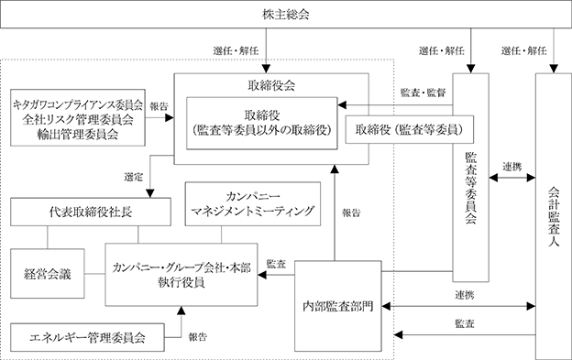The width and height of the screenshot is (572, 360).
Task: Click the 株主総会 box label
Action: point(286,15)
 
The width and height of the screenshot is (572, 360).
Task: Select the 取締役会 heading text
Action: point(271,85)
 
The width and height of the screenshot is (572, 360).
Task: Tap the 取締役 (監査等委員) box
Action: point(410,129)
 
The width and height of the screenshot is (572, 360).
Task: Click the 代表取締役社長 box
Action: point(91,212)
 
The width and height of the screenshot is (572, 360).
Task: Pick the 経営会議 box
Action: point(48,274)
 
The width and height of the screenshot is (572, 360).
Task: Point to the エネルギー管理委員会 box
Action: point(87,337)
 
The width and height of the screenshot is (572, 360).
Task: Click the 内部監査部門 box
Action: point(338,306)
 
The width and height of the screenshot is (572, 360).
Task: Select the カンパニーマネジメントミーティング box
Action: point(253,204)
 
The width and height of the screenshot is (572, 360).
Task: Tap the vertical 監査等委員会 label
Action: point(470,188)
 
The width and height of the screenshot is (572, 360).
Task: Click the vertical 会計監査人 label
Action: point(554,217)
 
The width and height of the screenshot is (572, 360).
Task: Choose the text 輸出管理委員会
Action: point(78,135)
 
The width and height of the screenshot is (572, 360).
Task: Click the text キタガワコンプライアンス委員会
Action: point(78,105)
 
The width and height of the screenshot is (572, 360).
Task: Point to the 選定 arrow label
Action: point(133,178)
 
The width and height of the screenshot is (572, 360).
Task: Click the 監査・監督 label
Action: point(423,93)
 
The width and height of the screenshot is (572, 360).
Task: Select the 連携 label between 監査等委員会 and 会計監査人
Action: point(511,167)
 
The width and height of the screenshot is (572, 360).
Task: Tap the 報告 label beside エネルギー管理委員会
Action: point(197,337)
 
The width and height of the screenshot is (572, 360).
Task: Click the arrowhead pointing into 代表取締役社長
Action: point(150,193)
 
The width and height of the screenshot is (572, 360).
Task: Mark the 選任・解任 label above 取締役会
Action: point(236,50)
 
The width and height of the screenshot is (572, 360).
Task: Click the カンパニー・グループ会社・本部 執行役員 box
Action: point(181,275)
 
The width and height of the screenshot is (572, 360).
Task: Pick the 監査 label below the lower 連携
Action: point(465,323)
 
